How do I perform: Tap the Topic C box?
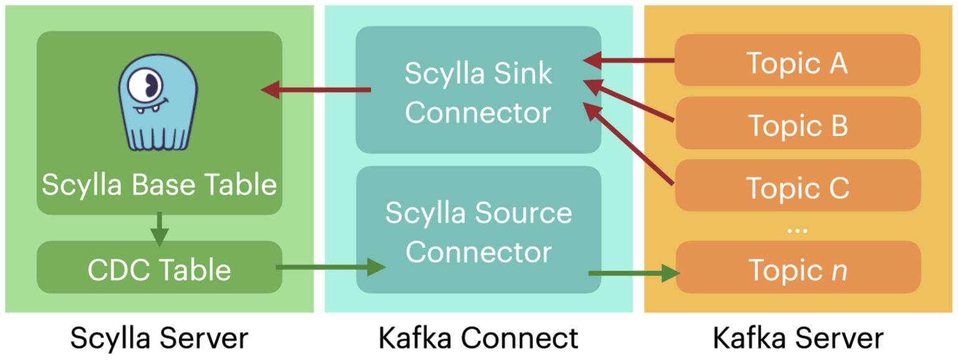(797, 186)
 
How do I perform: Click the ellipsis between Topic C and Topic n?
(797, 231)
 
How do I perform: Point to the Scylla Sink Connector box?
(478, 90)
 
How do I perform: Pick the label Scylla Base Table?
(159, 185)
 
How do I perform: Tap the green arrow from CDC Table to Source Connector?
(331, 268)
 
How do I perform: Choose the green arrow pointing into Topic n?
(634, 273)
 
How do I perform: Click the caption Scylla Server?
(159, 338)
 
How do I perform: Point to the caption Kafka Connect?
(478, 338)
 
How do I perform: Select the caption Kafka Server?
(798, 338)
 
